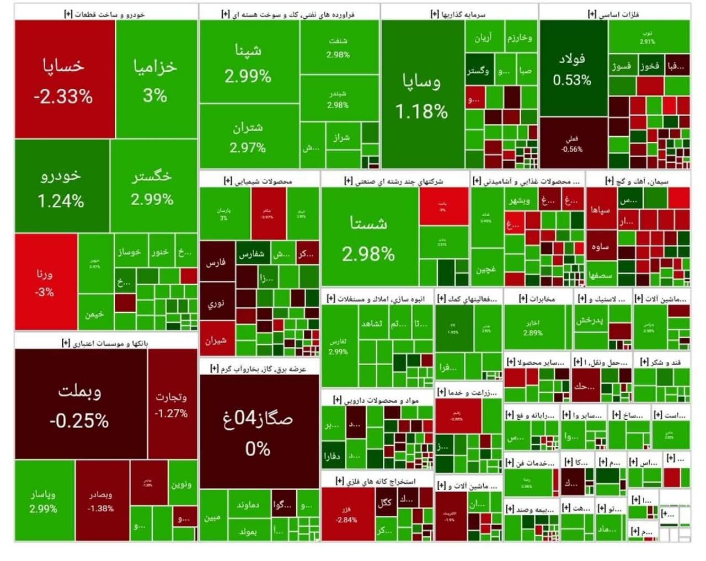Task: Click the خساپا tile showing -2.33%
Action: pyautogui.click(x=65, y=80)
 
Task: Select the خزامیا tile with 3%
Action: pyautogui.click(x=156, y=80)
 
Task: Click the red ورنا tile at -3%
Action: pyautogui.click(x=45, y=282)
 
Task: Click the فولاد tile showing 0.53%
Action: pyautogui.click(x=573, y=68)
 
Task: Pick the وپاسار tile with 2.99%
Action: pyautogui.click(x=44, y=501)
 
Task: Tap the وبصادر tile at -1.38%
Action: pyautogui.click(x=101, y=501)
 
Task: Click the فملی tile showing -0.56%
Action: pyautogui.click(x=573, y=143)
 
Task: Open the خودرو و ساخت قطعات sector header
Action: pyautogui.click(x=104, y=14)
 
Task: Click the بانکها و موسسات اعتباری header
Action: pyautogui.click(x=105, y=343)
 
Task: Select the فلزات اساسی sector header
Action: pyautogui.click(x=614, y=14)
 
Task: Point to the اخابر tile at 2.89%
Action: pyautogui.click(x=533, y=327)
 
